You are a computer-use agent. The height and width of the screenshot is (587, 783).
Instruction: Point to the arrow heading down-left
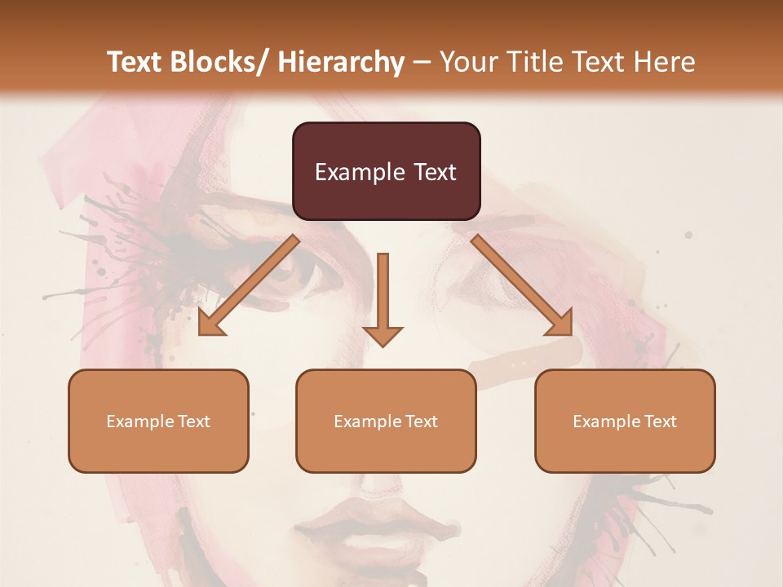(250, 285)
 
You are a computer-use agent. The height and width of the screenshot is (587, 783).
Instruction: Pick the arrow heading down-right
(522, 285)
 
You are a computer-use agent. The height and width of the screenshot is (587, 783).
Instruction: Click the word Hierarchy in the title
(341, 62)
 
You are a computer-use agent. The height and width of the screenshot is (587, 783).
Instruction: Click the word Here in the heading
(666, 62)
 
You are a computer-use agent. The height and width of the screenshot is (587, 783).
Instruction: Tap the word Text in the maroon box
(434, 172)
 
